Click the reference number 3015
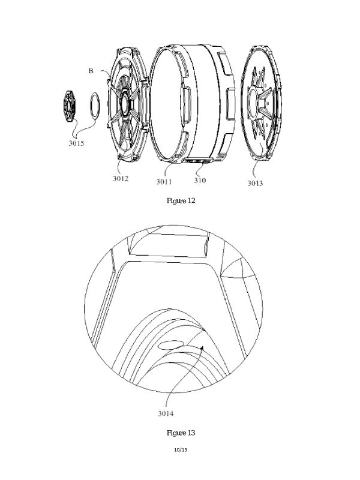pos(76,143)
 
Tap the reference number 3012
pos(121,178)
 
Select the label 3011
pos(164,182)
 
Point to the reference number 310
pos(200,181)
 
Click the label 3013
pos(256,183)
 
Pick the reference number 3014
pos(166,413)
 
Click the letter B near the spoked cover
pos(91,71)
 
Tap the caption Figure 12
pos(181,201)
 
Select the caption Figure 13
pos(181,433)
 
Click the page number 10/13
pos(181,450)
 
